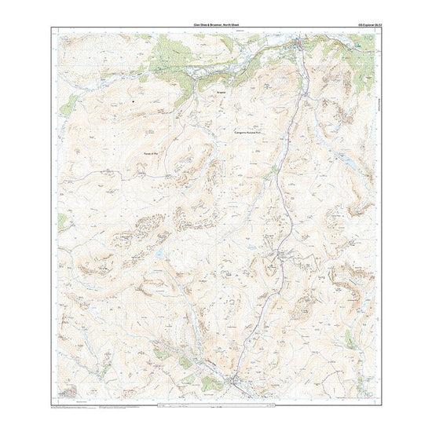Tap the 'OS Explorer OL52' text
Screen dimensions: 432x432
368,26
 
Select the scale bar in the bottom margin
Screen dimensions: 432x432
216,406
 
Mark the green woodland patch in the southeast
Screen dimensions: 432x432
350,338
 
